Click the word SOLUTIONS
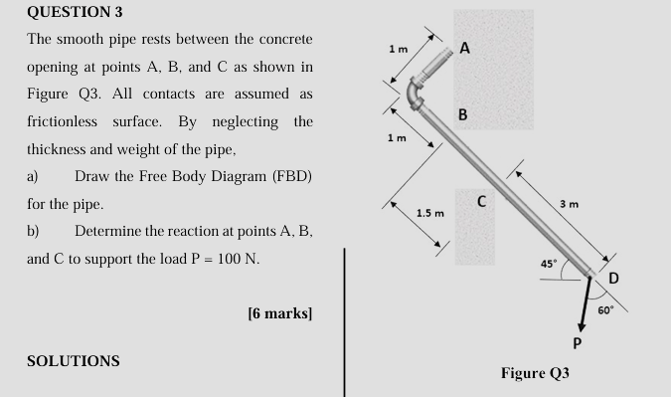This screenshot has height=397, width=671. (x=73, y=360)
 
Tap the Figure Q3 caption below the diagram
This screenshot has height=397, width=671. (x=535, y=373)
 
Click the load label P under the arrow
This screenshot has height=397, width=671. (x=576, y=343)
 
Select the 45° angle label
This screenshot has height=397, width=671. (x=548, y=264)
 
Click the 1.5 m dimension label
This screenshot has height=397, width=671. (x=429, y=213)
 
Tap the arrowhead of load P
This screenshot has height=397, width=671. (x=579, y=324)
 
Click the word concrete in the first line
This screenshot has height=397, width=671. (x=281, y=40)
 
